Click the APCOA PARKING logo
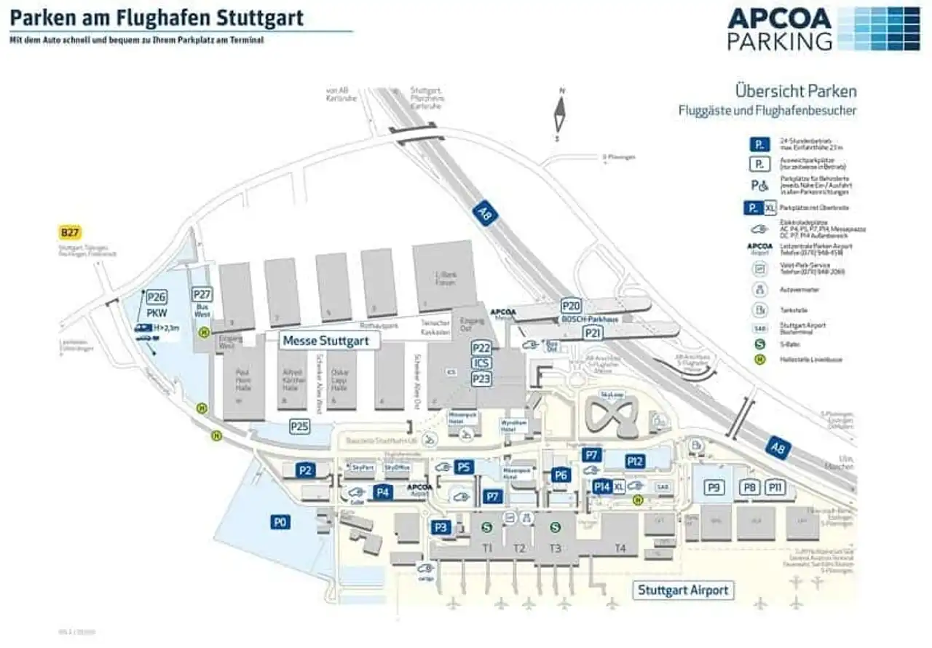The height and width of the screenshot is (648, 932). point(824,28)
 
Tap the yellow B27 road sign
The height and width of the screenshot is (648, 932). point(70,233)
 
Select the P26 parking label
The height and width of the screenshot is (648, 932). point(157,296)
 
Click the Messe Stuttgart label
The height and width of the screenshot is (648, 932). point(326,341)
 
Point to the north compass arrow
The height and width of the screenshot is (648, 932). point(561,114)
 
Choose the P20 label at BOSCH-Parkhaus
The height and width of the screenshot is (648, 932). point(571,306)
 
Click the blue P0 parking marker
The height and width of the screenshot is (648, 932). point(281,521)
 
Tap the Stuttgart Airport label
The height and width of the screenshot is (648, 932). point(682,590)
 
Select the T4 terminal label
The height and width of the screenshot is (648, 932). point(620,548)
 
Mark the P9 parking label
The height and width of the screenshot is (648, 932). point(714,487)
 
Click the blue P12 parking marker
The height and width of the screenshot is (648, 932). point(635,461)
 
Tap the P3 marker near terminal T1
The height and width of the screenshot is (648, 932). point(441,527)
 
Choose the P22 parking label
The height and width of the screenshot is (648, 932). point(481,348)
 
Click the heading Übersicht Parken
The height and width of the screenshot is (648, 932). point(796,92)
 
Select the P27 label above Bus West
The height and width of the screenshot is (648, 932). point(202,294)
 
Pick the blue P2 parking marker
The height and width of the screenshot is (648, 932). point(306,470)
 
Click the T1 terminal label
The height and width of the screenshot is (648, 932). point(487,548)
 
